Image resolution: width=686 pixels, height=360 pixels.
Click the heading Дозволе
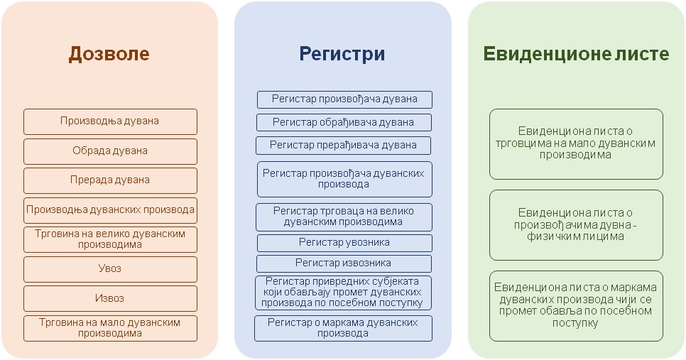[x=109, y=54]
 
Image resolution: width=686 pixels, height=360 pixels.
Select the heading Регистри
[x=342, y=54]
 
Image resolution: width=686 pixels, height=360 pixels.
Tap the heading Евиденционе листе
[x=576, y=54]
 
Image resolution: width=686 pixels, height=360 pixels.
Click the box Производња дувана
[x=110, y=121]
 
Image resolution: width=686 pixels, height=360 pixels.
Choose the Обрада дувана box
[x=110, y=151]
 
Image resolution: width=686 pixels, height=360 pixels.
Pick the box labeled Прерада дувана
[x=110, y=180]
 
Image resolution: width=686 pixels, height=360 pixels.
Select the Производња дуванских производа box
[x=110, y=210]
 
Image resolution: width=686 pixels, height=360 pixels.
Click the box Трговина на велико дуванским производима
[x=110, y=240]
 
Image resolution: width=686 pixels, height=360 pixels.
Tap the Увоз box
[x=110, y=269]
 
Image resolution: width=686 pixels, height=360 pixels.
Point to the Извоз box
[x=110, y=299]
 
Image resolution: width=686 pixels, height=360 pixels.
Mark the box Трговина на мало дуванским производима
[x=110, y=329]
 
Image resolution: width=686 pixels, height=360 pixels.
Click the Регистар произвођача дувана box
[x=344, y=99]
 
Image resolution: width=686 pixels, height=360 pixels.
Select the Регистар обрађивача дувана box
[x=344, y=122]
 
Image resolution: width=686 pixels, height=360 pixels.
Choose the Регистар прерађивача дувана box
[x=344, y=146]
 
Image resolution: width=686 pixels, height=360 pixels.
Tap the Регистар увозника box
[x=344, y=243]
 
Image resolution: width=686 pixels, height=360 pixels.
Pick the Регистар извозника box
[x=344, y=263]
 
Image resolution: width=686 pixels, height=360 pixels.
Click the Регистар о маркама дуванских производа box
[x=344, y=329]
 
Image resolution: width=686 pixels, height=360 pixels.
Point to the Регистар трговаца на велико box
[x=344, y=217]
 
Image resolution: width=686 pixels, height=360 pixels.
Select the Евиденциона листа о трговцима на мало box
[x=576, y=144]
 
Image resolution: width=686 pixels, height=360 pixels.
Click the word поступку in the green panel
[x=575, y=324]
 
